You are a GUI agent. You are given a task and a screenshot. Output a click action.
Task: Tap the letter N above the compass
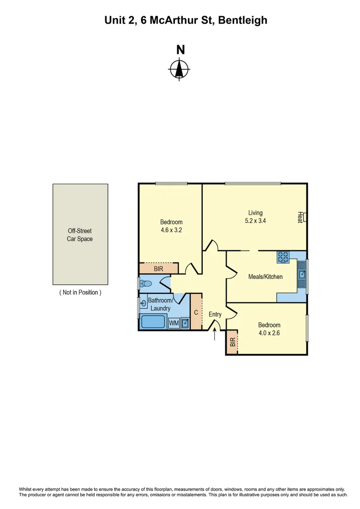pos(180,49)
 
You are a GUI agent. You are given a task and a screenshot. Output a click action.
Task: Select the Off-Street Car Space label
pos(80,235)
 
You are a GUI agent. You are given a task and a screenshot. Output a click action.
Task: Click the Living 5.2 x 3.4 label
pos(255,216)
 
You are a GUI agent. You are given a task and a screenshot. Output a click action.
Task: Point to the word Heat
pos(300,217)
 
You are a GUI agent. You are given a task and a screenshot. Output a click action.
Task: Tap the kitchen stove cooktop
pos(283,257)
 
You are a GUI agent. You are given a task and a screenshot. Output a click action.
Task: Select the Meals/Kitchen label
pos(265,277)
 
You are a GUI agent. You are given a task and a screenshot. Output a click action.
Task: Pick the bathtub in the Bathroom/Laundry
pos(153,322)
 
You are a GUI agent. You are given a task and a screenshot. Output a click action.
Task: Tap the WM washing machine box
pos(173,323)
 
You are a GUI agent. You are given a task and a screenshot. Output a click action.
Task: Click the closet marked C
pos(196,312)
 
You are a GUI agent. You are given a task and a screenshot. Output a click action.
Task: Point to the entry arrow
pos(215,334)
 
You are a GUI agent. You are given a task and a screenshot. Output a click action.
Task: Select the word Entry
pos(215,314)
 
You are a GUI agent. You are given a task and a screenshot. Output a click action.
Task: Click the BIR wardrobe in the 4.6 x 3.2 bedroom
pos(159,269)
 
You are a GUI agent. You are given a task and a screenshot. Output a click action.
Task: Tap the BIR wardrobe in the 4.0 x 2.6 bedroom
pos(232,343)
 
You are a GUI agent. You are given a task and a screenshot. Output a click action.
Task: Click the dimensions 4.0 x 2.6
pos(269,333)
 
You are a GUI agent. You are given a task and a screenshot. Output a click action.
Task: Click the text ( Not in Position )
pos(80,292)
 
